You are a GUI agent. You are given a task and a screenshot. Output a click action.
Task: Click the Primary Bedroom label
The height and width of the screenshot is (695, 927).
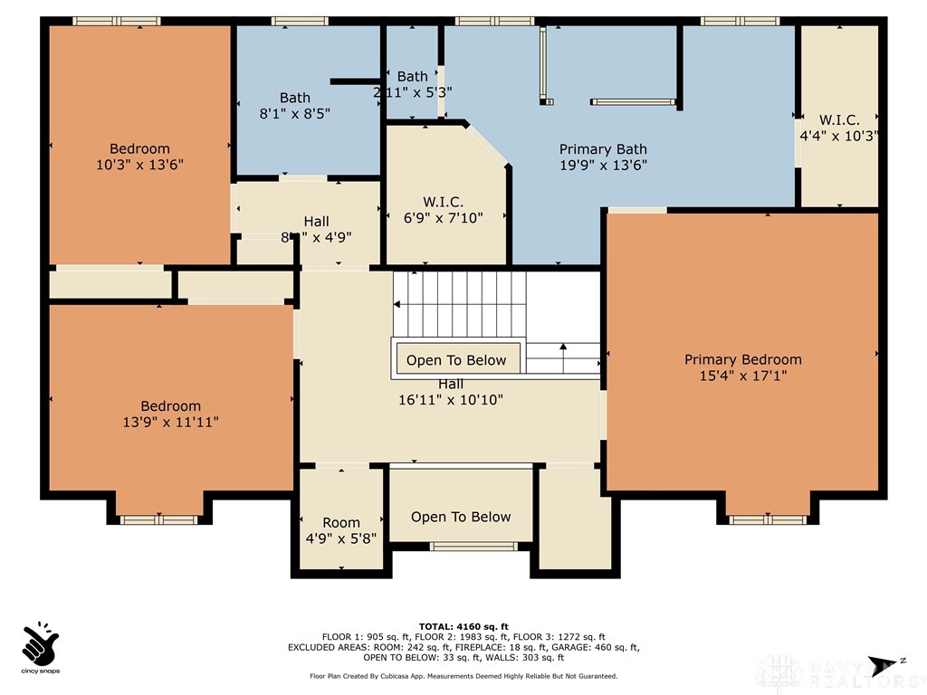[742, 359]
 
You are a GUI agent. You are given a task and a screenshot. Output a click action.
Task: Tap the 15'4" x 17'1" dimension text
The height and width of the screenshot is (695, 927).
[742, 376]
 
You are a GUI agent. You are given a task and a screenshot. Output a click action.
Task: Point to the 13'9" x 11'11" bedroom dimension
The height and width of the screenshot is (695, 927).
[170, 422]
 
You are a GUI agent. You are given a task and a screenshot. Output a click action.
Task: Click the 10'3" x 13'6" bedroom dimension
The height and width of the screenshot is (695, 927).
[139, 165]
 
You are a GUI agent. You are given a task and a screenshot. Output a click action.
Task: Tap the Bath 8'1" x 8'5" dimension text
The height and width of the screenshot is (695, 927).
[294, 114]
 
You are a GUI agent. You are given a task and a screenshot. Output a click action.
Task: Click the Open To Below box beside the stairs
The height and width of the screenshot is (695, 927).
[456, 360]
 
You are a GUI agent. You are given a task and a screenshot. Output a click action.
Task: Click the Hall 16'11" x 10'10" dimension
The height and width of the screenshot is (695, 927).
[451, 399]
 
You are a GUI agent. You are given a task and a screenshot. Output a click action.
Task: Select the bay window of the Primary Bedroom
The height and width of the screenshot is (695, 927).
[768, 519]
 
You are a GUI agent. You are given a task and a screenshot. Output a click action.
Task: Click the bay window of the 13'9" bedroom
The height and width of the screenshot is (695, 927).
[159, 519]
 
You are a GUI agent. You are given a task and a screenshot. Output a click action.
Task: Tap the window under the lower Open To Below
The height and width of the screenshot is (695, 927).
[461, 546]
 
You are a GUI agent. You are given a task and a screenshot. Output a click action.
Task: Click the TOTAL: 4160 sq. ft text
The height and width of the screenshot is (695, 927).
[463, 626]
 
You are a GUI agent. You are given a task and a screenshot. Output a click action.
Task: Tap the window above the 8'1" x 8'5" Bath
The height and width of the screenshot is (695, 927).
[299, 21]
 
